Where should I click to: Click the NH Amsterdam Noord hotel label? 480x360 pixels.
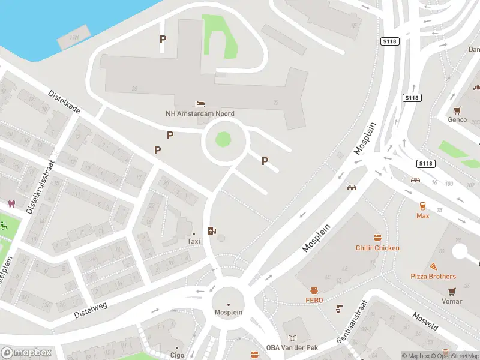point(200,113)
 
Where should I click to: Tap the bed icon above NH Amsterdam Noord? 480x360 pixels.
point(200,104)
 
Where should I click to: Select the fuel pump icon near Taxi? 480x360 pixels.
point(211,230)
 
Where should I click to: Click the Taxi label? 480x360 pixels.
point(193,241)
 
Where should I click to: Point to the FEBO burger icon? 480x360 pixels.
point(314,290)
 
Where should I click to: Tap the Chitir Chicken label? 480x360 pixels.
point(377,248)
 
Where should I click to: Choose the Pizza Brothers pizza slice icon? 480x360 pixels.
point(433,266)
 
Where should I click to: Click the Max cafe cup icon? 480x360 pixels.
point(423,205)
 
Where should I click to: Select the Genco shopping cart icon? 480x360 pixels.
point(458,110)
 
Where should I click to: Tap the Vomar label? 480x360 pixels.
point(452,301)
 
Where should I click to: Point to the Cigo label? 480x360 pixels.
point(177,355)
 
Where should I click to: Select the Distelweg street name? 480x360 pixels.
point(90,310)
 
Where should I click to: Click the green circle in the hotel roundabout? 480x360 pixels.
point(223,139)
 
